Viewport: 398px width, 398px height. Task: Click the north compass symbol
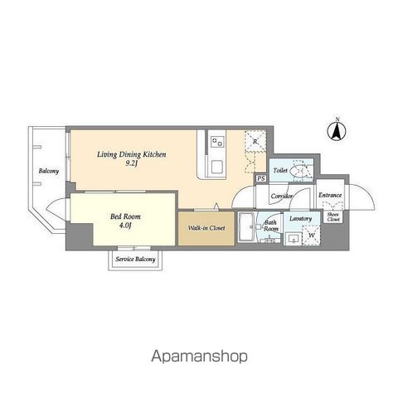point(337,130)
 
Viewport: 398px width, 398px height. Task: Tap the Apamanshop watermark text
point(199,357)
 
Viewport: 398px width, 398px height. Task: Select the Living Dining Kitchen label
point(132,154)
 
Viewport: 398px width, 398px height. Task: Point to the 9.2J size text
point(132,163)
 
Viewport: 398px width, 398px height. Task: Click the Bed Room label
point(125,216)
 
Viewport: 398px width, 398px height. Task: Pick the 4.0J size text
point(125,226)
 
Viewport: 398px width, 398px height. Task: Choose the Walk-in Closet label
point(206,228)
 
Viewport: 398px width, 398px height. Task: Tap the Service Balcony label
point(135,260)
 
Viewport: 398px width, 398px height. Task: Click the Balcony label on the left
point(49,171)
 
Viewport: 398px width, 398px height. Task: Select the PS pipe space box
point(261,178)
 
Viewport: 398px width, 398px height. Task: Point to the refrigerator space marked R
point(255,142)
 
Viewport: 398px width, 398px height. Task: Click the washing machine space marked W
point(311,235)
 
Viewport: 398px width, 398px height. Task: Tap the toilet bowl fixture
point(300,171)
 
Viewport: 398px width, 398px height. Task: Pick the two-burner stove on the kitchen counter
point(217,142)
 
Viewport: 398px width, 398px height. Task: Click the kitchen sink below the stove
point(217,167)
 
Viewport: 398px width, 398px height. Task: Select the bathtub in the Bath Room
point(246,227)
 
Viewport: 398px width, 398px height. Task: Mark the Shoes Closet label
point(333,217)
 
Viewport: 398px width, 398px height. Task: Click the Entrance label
point(330,195)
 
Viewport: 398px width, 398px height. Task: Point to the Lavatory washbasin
point(292,239)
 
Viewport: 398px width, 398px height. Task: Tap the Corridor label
point(282,196)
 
